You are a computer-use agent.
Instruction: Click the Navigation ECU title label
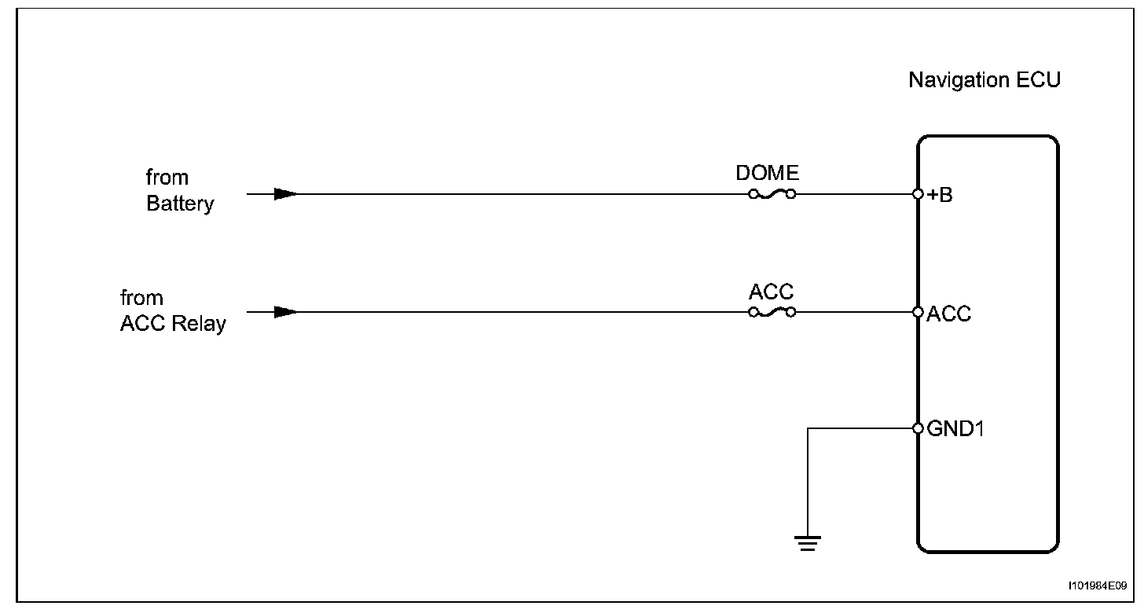pos(984,80)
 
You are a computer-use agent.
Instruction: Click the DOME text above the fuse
pos(767,173)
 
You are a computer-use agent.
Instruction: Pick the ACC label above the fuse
pos(771,292)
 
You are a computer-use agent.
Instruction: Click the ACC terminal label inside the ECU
pos(948,314)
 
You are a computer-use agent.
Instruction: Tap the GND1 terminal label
pos(952,429)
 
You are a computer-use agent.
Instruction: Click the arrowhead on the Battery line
pos(285,194)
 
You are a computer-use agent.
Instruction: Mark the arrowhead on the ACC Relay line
pos(285,312)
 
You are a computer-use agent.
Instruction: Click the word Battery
pos(180,204)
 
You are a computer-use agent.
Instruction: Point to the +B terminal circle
pos(918,194)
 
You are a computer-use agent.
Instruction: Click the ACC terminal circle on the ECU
pos(918,312)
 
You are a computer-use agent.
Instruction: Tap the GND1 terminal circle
pos(918,428)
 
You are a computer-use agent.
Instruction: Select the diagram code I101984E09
pos(1097,585)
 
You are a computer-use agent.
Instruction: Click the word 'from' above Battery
pos(167,178)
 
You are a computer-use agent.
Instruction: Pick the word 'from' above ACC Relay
pos(141,298)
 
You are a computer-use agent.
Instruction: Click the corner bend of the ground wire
pos(808,428)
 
